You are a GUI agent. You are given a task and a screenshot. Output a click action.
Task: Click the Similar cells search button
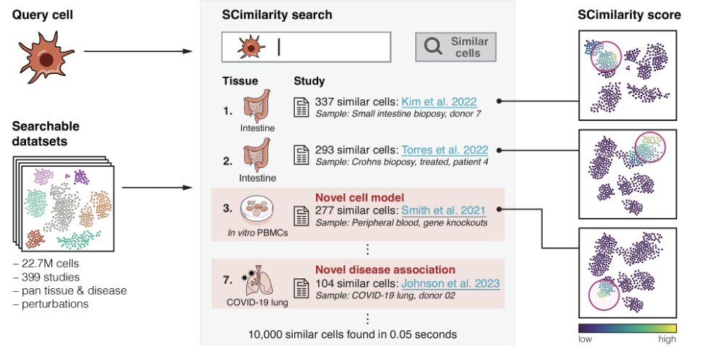455,47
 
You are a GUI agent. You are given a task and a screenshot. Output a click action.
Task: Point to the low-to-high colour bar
627,327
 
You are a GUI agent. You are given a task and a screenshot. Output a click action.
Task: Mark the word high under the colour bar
667,339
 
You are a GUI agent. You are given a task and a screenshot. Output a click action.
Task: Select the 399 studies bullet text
46,277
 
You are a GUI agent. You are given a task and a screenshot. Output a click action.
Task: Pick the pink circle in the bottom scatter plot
607,298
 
